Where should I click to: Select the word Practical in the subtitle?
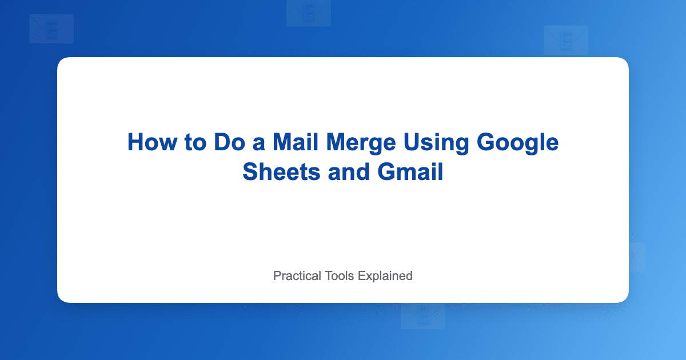(x=297, y=275)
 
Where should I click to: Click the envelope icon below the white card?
(x=423, y=315)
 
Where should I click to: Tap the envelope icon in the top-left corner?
(x=51, y=29)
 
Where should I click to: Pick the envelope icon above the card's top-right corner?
(x=566, y=40)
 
